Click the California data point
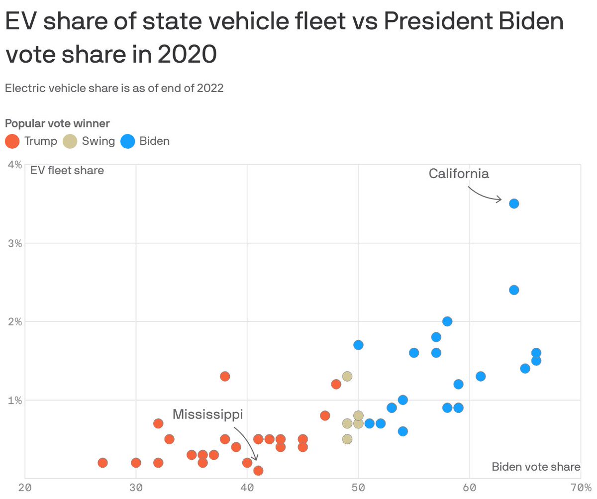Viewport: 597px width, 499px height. click(514, 203)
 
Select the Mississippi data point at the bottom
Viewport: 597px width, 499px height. click(258, 470)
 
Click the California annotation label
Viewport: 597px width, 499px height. click(459, 174)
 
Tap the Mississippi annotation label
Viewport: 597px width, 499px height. click(208, 414)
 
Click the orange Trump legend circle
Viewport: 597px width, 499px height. click(12, 141)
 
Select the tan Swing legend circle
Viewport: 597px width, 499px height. click(70, 141)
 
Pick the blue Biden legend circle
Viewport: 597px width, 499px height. click(128, 141)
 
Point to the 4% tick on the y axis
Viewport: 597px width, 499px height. click(15, 165)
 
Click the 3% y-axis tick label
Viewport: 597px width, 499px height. click(15, 243)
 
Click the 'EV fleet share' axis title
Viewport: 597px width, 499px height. click(67, 171)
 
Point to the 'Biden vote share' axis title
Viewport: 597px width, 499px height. click(536, 467)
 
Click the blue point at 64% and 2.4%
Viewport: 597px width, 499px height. click(514, 290)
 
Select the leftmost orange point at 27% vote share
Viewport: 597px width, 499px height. click(102, 463)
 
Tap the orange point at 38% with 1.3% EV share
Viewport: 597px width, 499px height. click(225, 376)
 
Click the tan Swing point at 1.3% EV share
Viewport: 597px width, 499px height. click(347, 376)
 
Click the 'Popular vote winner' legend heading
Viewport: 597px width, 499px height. click(57, 123)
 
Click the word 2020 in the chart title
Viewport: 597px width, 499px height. click(187, 55)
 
